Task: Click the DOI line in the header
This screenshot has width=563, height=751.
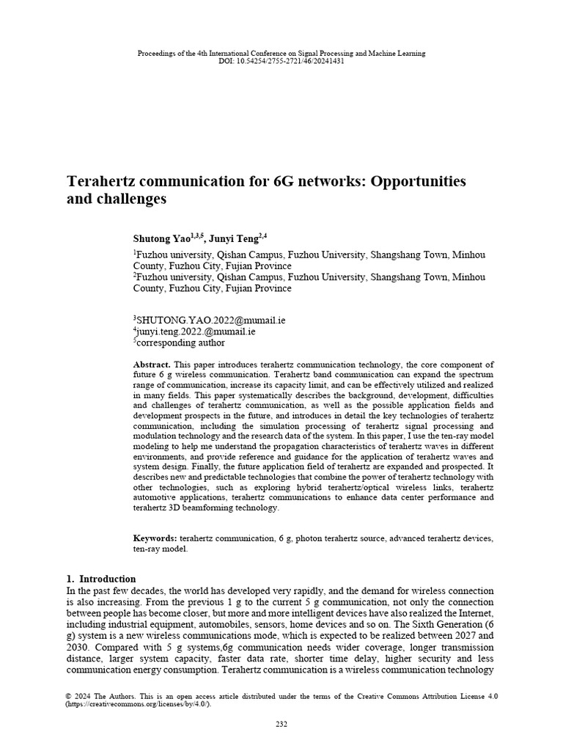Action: (x=281, y=61)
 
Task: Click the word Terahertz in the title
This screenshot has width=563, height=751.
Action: (x=103, y=180)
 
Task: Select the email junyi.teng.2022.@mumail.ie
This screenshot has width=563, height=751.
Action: (x=196, y=331)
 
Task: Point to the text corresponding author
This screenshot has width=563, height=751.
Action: (x=181, y=342)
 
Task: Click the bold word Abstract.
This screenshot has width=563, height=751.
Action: (x=152, y=364)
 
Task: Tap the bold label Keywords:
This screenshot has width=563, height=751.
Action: (x=155, y=538)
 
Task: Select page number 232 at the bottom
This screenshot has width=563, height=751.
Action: (x=281, y=725)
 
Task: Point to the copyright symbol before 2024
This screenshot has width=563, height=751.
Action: (x=69, y=695)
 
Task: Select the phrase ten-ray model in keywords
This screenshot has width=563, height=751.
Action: (x=160, y=549)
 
